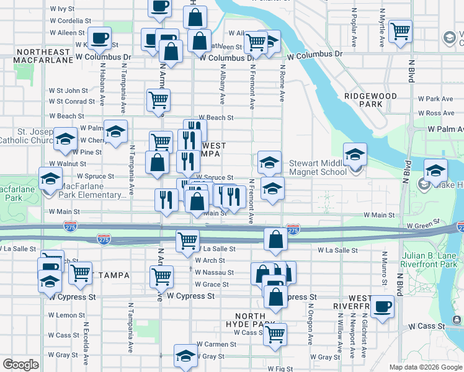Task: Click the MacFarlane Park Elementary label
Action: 92,194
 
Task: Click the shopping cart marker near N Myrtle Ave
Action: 401,30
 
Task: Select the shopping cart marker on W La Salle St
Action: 187,241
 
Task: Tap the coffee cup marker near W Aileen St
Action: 99,38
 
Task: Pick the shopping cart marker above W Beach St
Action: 159,100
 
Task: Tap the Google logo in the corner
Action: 20,365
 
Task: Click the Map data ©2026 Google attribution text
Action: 426,367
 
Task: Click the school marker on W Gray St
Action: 185,356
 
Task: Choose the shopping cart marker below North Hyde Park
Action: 275,334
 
